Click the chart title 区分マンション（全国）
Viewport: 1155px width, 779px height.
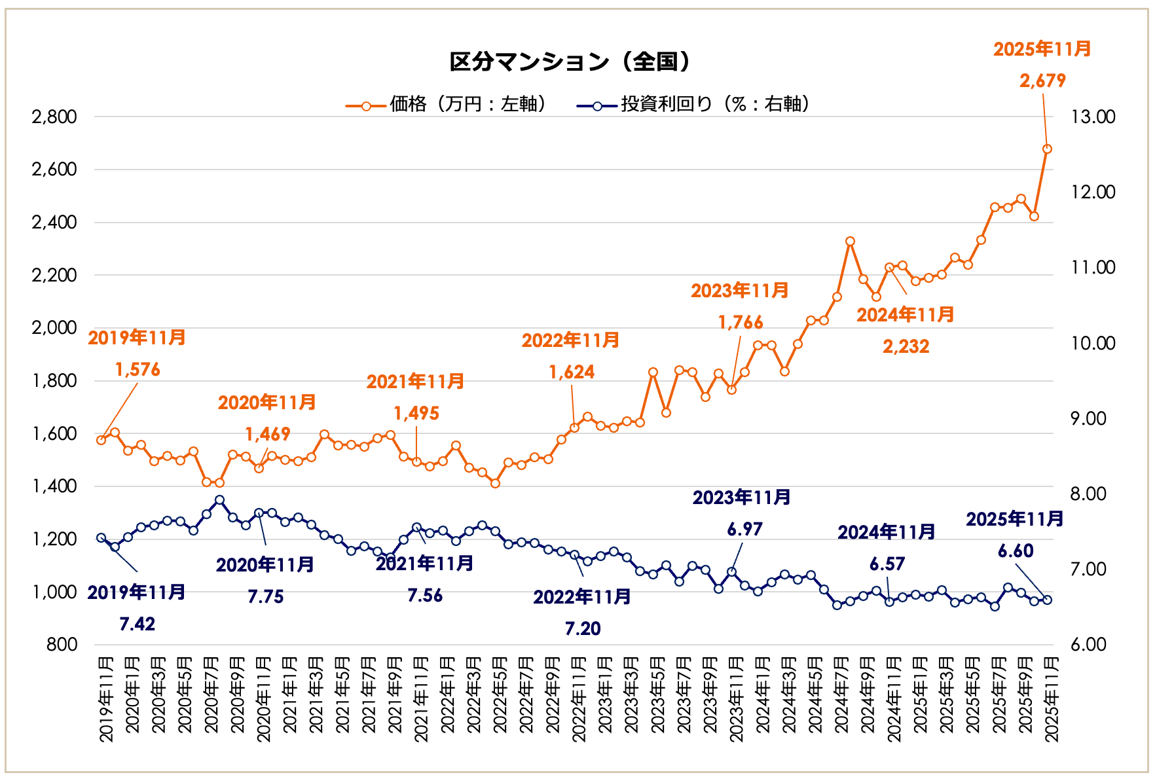click(570, 62)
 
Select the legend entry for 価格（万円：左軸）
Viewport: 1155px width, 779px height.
click(448, 105)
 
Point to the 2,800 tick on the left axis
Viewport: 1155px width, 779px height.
click(54, 117)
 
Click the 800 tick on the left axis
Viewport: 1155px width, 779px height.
click(62, 645)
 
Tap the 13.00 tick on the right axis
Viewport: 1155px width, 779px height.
click(1093, 117)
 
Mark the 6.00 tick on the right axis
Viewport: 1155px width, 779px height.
click(1093, 645)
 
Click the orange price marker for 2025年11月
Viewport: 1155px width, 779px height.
click(1047, 149)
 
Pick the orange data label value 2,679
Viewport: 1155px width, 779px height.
click(1042, 81)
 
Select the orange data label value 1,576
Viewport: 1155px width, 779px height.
click(137, 370)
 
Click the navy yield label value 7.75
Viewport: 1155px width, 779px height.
click(266, 597)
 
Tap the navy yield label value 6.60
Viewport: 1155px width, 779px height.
click(1016, 551)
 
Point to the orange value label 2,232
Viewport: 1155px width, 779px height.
click(906, 347)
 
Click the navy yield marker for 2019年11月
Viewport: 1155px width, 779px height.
click(101, 538)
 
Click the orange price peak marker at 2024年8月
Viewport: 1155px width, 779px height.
click(850, 242)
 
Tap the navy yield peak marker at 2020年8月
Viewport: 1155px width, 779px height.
click(219, 500)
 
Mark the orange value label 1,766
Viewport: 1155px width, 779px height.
click(741, 323)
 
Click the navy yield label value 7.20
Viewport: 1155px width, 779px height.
click(583, 629)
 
